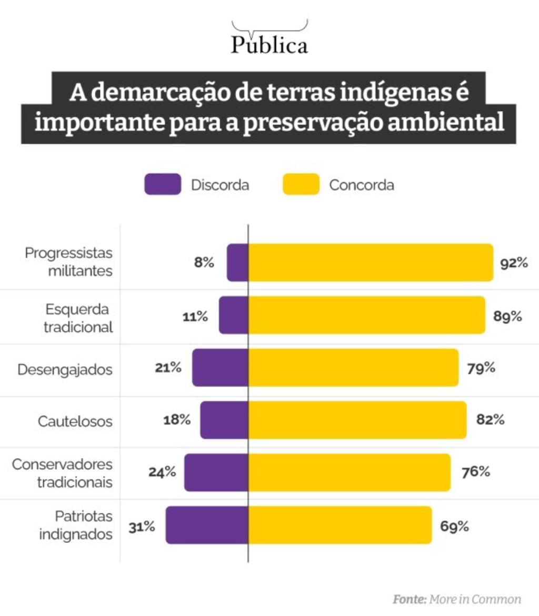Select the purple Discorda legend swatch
(163, 185)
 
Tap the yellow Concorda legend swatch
(301, 185)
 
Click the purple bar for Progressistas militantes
(237, 263)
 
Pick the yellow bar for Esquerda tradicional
(366, 315)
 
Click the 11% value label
(195, 316)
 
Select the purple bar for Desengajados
(220, 367)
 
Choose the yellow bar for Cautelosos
(357, 420)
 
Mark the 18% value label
(176, 420)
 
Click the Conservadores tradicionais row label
(63, 473)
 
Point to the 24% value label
(162, 472)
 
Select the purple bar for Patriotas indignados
(207, 524)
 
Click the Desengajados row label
(65, 369)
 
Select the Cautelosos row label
(75, 421)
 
